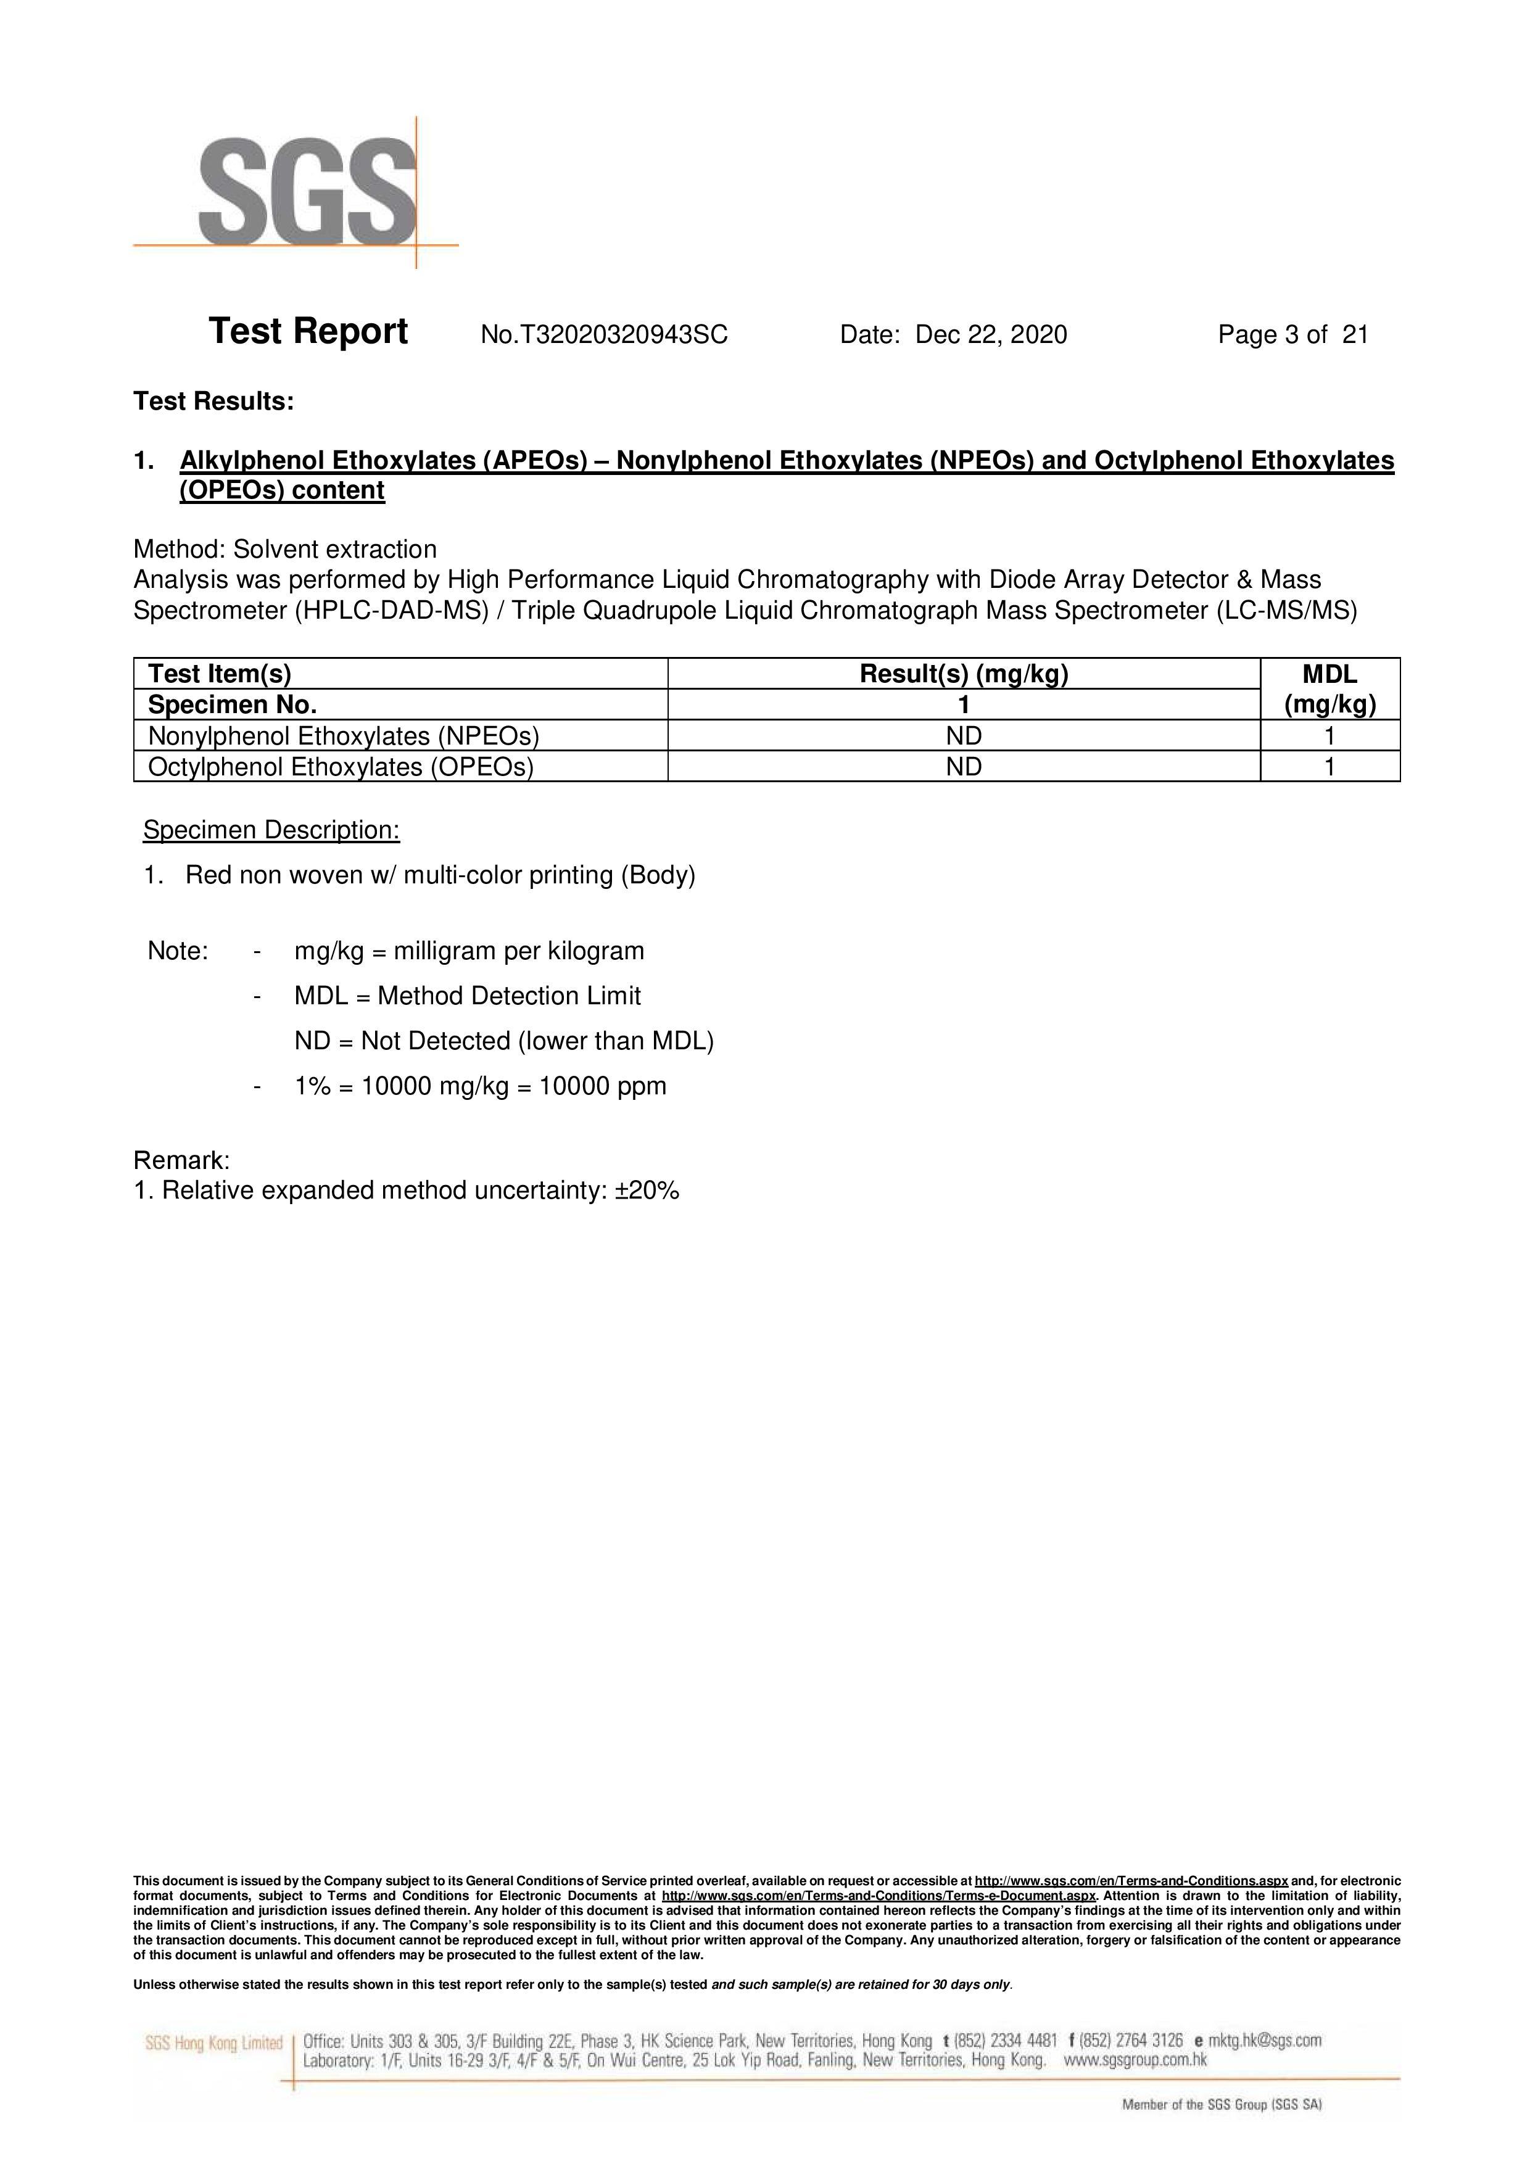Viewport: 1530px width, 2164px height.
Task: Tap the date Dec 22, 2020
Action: [x=991, y=334]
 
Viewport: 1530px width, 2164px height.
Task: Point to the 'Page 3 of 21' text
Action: [x=1292, y=334]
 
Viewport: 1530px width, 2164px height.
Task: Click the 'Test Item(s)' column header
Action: [x=220, y=674]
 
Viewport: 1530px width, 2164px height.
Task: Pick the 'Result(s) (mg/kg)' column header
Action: [x=964, y=674]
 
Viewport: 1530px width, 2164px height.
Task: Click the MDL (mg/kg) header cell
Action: [x=1329, y=689]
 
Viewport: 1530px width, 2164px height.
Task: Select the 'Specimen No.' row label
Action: [x=233, y=705]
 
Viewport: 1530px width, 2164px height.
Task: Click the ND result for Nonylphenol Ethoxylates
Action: [x=964, y=736]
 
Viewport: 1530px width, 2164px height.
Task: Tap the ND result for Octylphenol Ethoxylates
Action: [x=964, y=767]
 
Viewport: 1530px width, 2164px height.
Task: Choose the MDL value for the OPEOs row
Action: [x=1329, y=767]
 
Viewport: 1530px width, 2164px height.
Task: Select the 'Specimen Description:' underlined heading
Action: [x=271, y=830]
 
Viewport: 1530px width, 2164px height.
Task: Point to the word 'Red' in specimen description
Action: [x=207, y=875]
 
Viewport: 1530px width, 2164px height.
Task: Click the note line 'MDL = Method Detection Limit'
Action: [x=468, y=996]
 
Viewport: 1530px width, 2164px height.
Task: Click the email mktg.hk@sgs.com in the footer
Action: [x=1265, y=2041]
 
